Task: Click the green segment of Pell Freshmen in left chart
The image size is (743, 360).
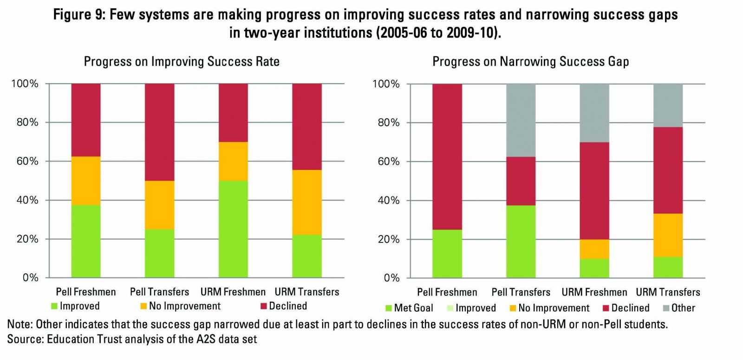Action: tap(86, 241)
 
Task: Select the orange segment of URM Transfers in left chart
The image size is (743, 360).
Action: tap(307, 203)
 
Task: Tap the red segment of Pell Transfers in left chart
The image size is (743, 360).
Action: tap(160, 132)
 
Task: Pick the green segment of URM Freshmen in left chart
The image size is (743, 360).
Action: tap(233, 229)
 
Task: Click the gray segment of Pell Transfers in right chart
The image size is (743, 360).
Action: tap(521, 120)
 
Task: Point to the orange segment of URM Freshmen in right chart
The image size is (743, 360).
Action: tap(594, 249)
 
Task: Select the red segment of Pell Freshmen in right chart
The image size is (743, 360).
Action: tap(447, 157)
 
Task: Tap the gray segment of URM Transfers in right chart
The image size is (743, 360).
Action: tap(668, 105)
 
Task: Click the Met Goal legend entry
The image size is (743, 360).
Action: tap(409, 308)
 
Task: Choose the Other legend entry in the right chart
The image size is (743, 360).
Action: tap(679, 308)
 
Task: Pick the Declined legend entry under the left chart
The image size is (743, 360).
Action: tap(284, 306)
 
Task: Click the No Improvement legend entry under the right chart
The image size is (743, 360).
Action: tap(549, 308)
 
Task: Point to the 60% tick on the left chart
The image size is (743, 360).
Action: tap(27, 161)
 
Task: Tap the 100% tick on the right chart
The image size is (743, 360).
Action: tap(386, 84)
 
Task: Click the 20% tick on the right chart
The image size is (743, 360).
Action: tap(389, 239)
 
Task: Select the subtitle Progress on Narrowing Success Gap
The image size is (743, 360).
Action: tap(531, 62)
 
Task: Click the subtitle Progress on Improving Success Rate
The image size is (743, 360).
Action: tap(182, 62)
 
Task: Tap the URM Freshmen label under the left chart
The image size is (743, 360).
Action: tap(233, 292)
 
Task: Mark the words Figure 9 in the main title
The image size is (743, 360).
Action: tap(79, 14)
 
